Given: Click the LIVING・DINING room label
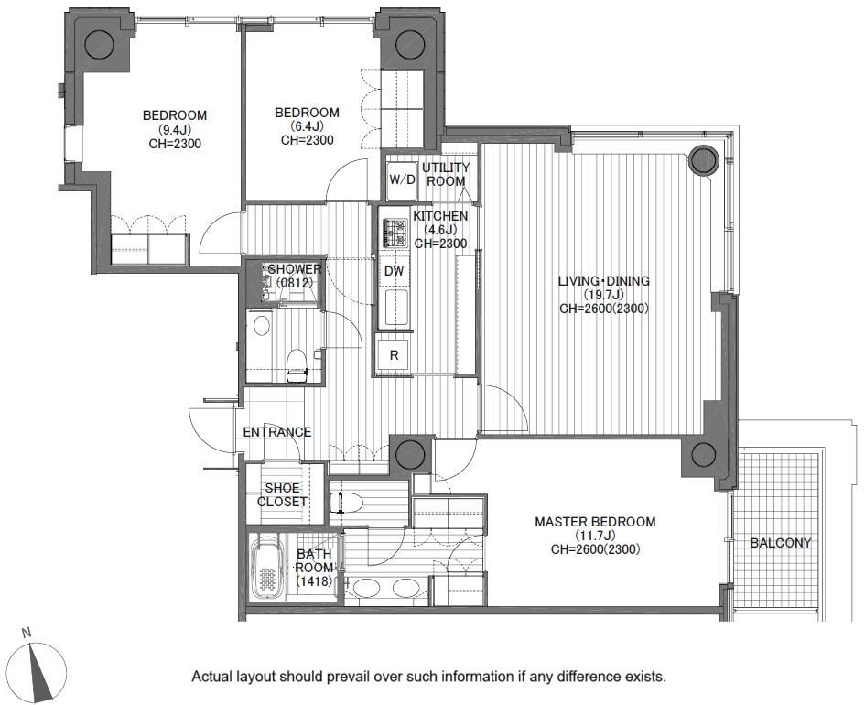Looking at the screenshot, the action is pos(603,281).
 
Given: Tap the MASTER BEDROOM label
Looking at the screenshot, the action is pos(595,522).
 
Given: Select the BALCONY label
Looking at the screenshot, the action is pos(781,543).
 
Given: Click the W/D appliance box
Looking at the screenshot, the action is pos(402,179).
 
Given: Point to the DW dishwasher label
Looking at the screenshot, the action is pos(394,271).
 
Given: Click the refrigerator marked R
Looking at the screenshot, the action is pos(394,354).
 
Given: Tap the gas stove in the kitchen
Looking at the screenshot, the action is pos(395,233).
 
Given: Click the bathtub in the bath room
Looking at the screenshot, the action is pos(267,568).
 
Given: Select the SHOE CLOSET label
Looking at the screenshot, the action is pos(282,494).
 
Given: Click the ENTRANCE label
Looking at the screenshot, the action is pos(277,432).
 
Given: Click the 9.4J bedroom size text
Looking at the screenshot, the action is pos(175,130).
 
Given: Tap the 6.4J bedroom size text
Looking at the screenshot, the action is pos(307,126).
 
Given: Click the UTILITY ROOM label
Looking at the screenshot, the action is pos(446,174).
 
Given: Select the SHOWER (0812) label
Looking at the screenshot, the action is pos(295,276).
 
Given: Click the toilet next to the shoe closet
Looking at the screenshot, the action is pos(345,503).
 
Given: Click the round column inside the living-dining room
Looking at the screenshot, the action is pos(703,160).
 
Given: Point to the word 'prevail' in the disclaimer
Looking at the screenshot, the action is pos(347,677).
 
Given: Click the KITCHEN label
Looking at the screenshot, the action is pos(440,216).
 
